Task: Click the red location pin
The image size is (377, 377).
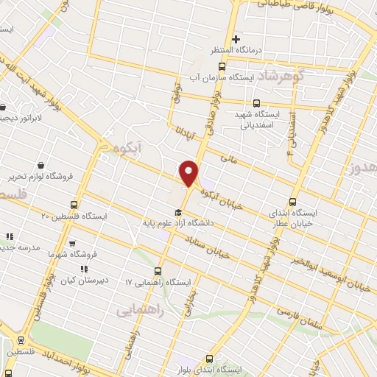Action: tap(189, 172)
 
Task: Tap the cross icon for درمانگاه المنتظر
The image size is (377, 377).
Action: tap(236, 39)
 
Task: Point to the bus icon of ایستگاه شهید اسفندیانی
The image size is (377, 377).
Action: tap(256, 104)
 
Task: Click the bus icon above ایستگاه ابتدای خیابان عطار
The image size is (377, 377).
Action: tap(293, 202)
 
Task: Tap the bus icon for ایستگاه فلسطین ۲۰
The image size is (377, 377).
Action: tap(74, 205)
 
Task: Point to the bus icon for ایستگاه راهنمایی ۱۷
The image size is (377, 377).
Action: tap(161, 271)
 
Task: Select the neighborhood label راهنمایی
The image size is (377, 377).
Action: tap(138, 311)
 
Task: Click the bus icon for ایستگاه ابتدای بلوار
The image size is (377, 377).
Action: tap(209, 358)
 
